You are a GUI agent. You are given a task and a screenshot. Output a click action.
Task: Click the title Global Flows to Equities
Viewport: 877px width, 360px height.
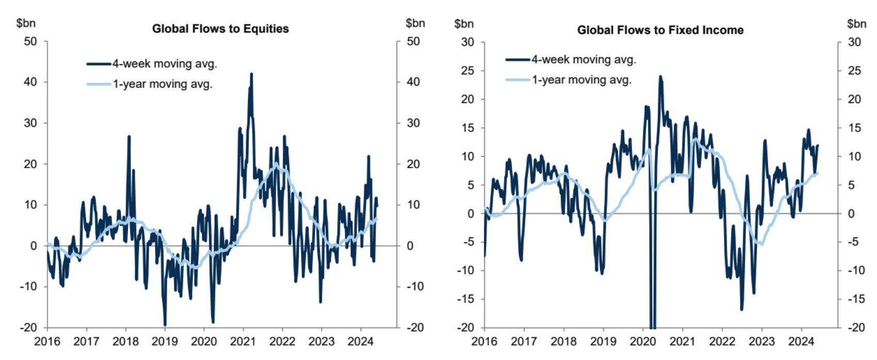220,29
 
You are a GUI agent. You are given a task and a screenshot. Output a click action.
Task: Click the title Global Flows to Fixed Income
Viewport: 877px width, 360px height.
660,30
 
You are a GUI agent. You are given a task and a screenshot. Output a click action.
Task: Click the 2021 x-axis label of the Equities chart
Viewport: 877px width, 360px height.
243,341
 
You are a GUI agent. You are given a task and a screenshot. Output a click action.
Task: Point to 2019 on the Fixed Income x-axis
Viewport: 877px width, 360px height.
603,341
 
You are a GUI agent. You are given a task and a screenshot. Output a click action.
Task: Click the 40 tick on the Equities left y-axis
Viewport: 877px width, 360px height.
30,82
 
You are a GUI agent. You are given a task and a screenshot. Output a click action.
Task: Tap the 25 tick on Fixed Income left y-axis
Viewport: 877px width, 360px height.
467,71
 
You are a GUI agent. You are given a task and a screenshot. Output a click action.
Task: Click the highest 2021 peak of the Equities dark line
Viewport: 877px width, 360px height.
251,74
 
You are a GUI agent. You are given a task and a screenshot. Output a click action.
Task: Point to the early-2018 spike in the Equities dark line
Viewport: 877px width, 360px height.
129,136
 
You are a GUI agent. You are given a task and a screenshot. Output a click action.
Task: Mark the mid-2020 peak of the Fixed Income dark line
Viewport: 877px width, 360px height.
660,77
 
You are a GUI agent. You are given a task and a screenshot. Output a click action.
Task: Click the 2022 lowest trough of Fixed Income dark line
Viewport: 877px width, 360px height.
742,309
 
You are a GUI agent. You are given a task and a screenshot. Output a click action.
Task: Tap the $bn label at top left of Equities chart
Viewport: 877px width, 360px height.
26,23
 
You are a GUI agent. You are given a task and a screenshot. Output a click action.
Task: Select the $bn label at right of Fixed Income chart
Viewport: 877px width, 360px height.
856,24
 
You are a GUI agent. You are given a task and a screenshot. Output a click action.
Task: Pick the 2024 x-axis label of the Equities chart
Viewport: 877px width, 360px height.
361,341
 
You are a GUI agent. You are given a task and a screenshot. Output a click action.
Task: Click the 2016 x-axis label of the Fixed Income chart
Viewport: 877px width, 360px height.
484,341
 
